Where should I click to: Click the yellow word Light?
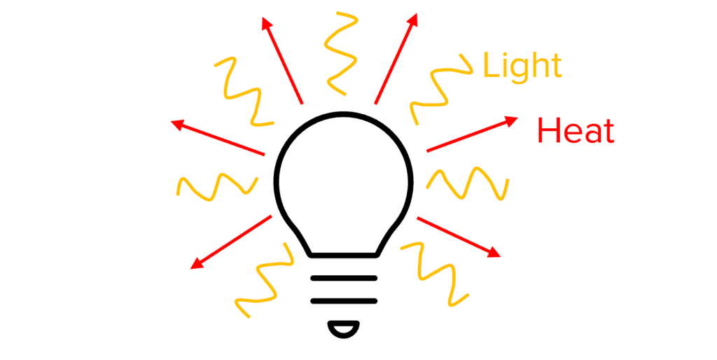[522, 66]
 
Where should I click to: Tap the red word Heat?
[576, 131]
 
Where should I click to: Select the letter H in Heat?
[548, 131]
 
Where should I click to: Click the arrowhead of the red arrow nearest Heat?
[512, 120]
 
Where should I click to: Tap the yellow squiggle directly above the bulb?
[342, 52]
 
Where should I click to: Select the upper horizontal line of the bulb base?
[344, 278]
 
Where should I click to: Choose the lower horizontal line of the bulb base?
[344, 301]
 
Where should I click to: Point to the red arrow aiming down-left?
[231, 242]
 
